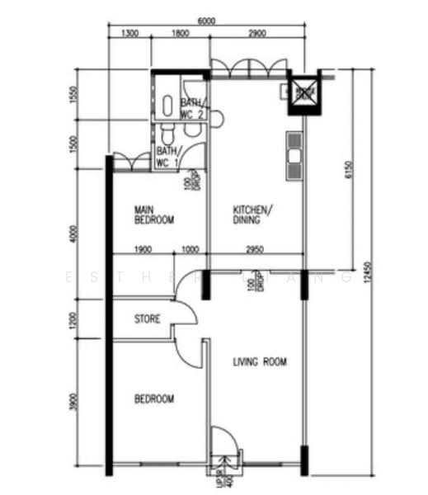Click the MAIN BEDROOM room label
pos(154,216)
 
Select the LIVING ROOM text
pos(261,361)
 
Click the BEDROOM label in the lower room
pos(154,399)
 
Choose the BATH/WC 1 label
pos(168,157)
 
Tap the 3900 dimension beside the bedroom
pos(73,403)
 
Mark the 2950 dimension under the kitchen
pos(255,251)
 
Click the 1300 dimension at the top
pos(129,35)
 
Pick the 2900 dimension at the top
pos(256,35)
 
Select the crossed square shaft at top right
pos(303,92)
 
